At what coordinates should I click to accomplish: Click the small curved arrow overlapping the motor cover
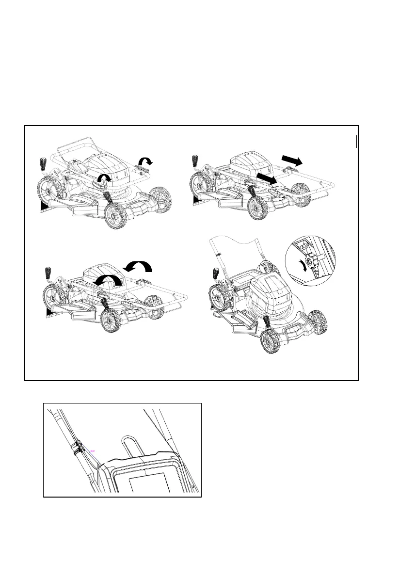pyautogui.click(x=103, y=179)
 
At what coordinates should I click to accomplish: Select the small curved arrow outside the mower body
pyautogui.click(x=145, y=161)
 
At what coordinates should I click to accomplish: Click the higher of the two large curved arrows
pyautogui.click(x=139, y=266)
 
